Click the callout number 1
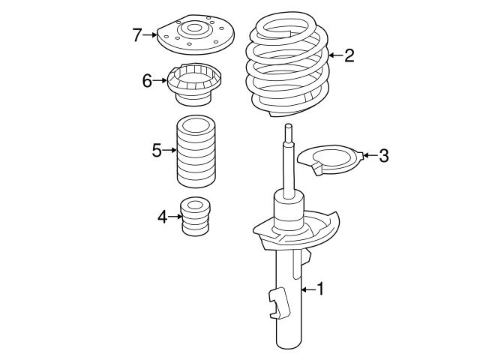pos(320,288)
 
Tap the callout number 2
pos(349,55)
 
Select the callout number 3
pos(383,156)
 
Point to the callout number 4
pos(163,217)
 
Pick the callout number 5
pos(157,150)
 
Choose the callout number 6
pos(148,79)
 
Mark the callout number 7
pos(136,34)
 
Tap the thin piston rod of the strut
pos(286,161)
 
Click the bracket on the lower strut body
pos(279,303)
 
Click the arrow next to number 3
pos(367,156)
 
